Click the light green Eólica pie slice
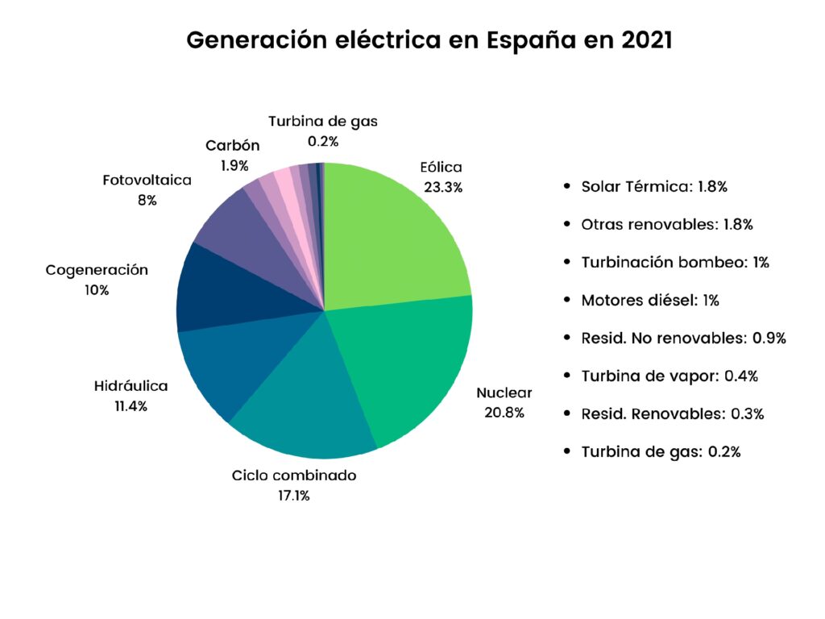[387, 234]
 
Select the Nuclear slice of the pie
[403, 363]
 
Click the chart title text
[429, 40]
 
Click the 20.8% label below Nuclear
[504, 413]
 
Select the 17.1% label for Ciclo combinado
[294, 495]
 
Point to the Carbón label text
[233, 146]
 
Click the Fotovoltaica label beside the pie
[147, 180]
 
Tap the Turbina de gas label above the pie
[323, 122]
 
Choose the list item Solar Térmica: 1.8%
[654, 187]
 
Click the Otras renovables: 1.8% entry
[666, 225]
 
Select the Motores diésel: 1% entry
[650, 301]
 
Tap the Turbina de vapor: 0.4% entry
[670, 376]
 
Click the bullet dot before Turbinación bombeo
[568, 263]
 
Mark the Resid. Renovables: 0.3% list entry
[672, 413]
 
